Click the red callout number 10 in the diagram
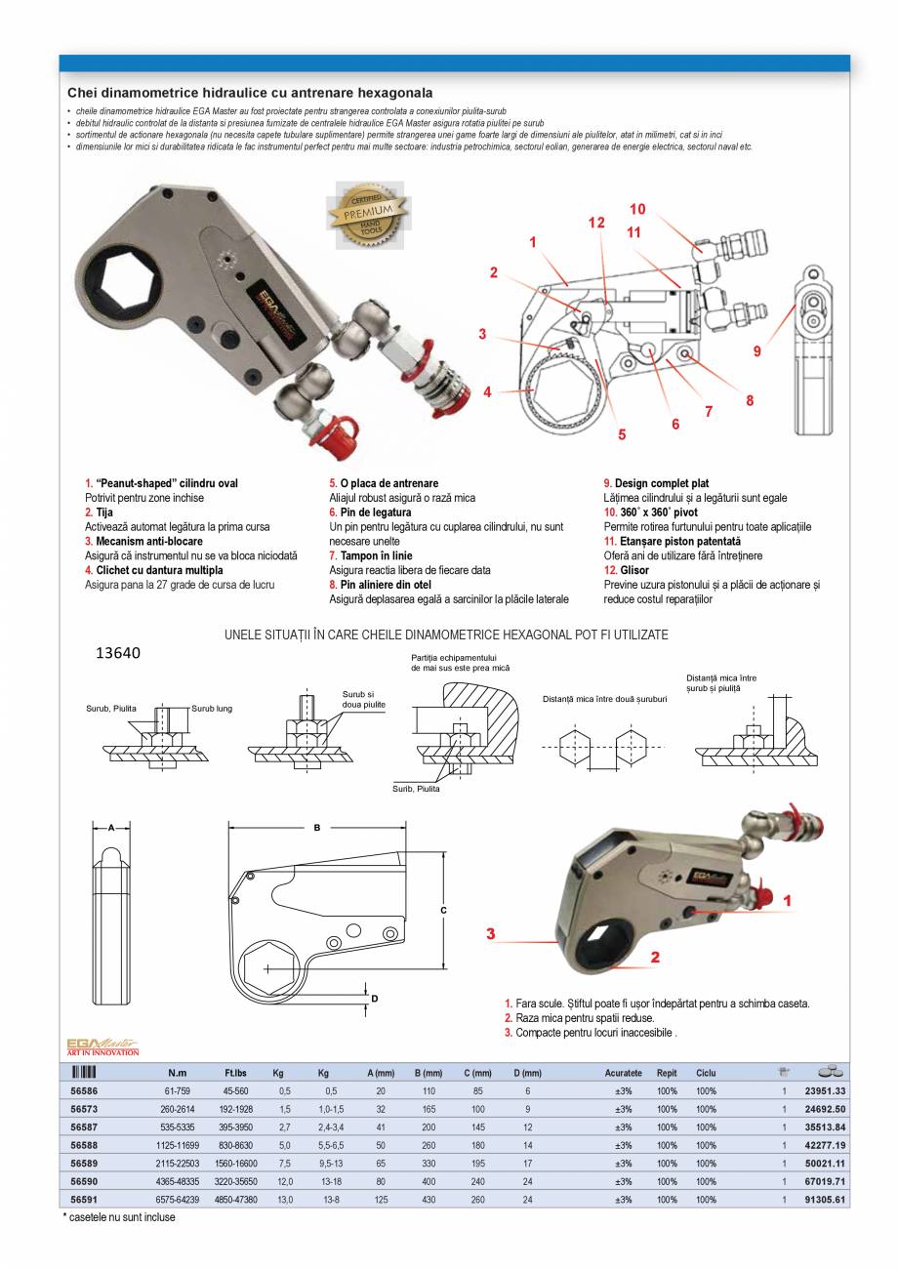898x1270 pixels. [636, 209]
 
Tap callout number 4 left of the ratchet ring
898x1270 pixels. [487, 392]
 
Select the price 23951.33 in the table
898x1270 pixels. [825, 1091]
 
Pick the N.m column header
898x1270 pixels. [178, 1073]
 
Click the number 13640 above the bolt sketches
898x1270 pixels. [117, 653]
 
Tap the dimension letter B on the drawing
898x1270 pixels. [316, 827]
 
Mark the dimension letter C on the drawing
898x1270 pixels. [443, 910]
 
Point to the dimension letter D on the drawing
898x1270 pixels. [374, 998]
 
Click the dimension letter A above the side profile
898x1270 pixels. [111, 827]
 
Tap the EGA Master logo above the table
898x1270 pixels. [102, 1046]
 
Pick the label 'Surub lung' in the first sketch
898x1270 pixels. [212, 708]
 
